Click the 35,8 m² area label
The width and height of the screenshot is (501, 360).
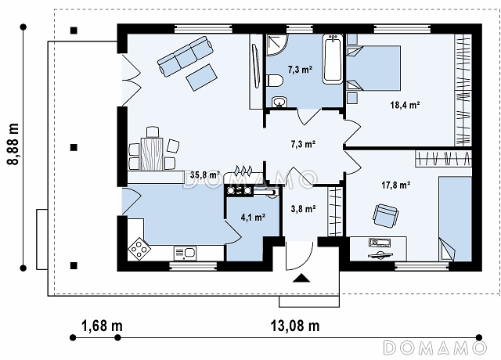(205, 175)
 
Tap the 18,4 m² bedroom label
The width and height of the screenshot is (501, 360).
(405, 105)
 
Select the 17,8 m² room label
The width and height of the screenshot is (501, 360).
(396, 185)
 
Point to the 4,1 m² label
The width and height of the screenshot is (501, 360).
(253, 218)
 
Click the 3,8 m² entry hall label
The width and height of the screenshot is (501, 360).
(303, 209)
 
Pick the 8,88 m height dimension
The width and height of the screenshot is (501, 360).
(13, 144)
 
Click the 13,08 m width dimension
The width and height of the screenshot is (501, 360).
(295, 326)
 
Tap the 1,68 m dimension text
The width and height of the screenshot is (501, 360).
(102, 326)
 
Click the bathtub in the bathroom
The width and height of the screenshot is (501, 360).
(333, 59)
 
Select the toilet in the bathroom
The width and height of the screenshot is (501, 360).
(274, 81)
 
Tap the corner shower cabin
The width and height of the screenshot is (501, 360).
(277, 45)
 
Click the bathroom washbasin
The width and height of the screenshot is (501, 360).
(280, 103)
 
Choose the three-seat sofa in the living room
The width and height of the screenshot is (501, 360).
(186, 56)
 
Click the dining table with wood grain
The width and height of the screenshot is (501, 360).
(152, 153)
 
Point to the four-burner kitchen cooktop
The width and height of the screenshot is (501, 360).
(139, 249)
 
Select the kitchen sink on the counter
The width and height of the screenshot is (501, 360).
(185, 253)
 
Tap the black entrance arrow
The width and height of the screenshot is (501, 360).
(301, 279)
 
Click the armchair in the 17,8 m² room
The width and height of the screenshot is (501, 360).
(386, 216)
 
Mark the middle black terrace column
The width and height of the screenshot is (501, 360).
(74, 148)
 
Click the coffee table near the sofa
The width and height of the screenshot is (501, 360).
(202, 77)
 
